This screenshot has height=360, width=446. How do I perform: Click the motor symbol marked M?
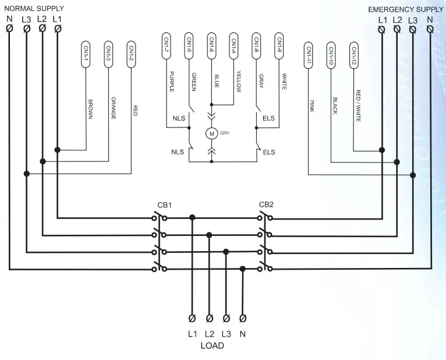[212, 133]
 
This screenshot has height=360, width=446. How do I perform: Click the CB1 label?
[164, 206]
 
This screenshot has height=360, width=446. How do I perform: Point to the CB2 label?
[266, 205]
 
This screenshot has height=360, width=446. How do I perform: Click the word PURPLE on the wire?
[172, 82]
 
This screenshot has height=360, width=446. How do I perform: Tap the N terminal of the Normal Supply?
[9, 28]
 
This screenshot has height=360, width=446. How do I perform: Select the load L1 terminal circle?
[192, 318]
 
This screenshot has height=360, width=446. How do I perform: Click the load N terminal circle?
[243, 318]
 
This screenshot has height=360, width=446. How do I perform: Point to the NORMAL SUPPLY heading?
[34, 9]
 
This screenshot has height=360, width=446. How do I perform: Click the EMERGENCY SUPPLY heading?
[406, 10]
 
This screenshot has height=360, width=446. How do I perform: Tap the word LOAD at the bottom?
[212, 345]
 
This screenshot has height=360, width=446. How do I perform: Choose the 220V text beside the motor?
[225, 132]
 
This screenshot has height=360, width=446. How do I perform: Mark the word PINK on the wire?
[312, 105]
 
